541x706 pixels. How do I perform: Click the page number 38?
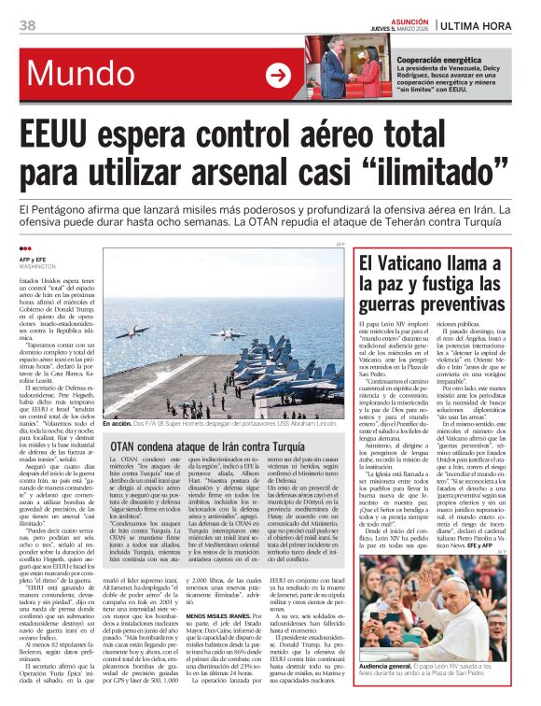click(x=29, y=23)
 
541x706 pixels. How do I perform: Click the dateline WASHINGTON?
click(x=39, y=267)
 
